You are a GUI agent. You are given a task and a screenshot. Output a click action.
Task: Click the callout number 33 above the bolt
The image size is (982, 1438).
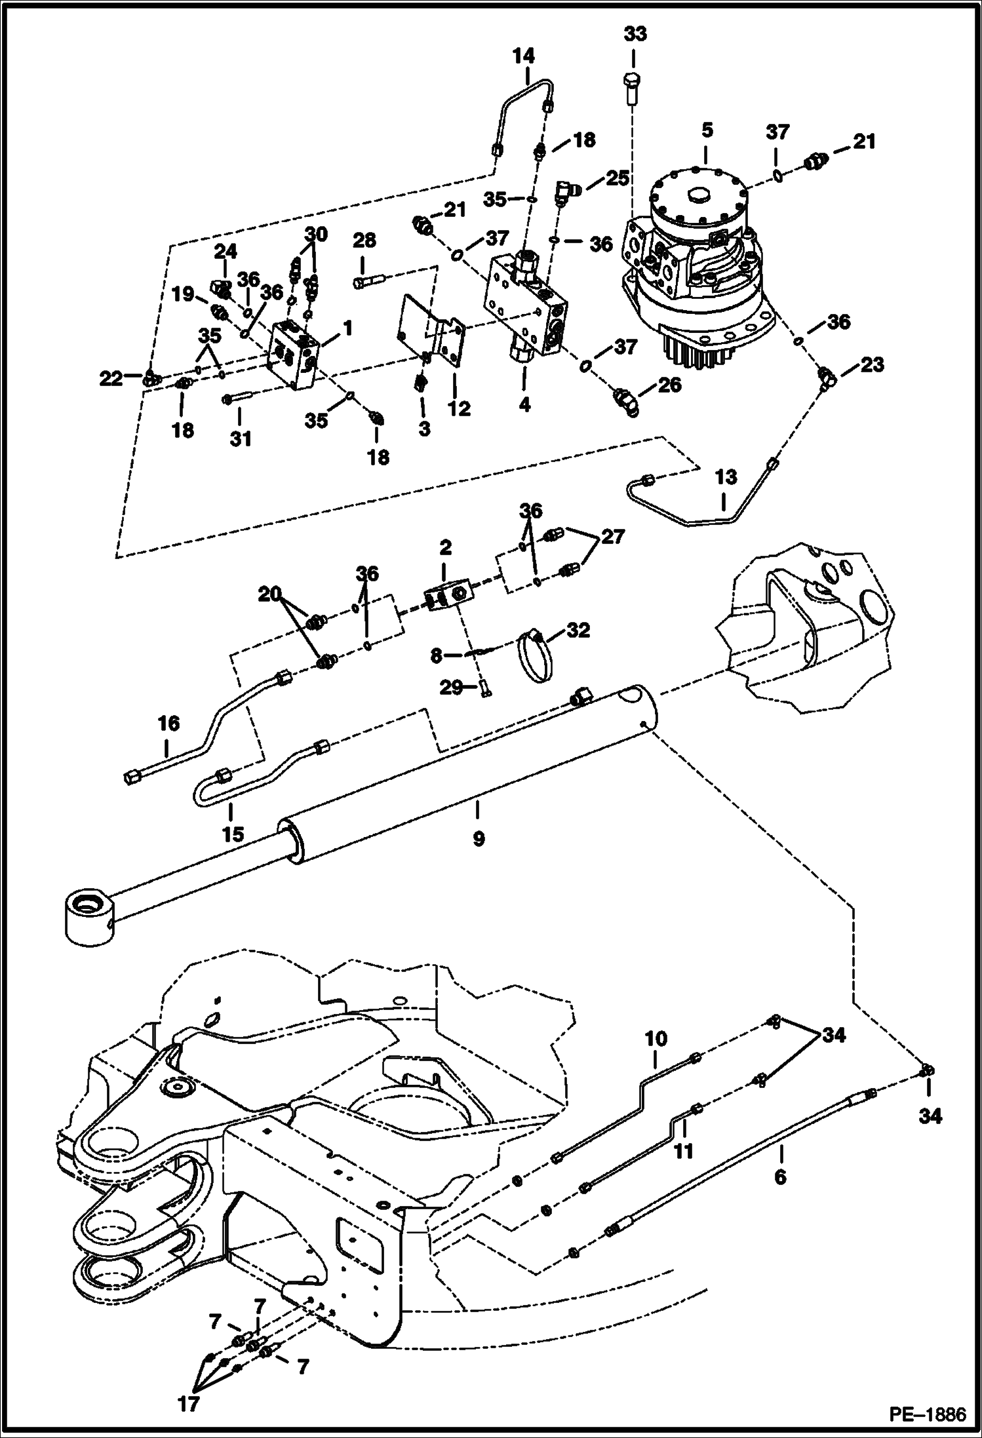(634, 34)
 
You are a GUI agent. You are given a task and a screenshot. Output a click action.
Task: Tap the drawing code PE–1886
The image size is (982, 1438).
(926, 1414)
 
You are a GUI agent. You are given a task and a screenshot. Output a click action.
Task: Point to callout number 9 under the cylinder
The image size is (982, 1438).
(479, 838)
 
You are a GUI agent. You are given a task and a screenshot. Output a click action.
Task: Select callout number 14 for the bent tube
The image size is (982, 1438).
(523, 56)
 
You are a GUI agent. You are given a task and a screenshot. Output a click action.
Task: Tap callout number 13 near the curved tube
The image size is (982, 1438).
(725, 476)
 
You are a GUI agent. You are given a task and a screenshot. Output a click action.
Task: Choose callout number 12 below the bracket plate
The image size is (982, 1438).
(459, 408)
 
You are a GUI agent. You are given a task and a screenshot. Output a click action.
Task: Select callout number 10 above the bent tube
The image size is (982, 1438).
(656, 1038)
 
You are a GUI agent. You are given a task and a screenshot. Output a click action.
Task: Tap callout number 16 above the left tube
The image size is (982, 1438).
(168, 724)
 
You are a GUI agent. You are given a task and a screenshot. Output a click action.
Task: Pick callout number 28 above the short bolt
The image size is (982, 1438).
(364, 241)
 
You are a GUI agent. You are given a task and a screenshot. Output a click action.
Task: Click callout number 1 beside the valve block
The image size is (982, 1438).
(347, 328)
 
